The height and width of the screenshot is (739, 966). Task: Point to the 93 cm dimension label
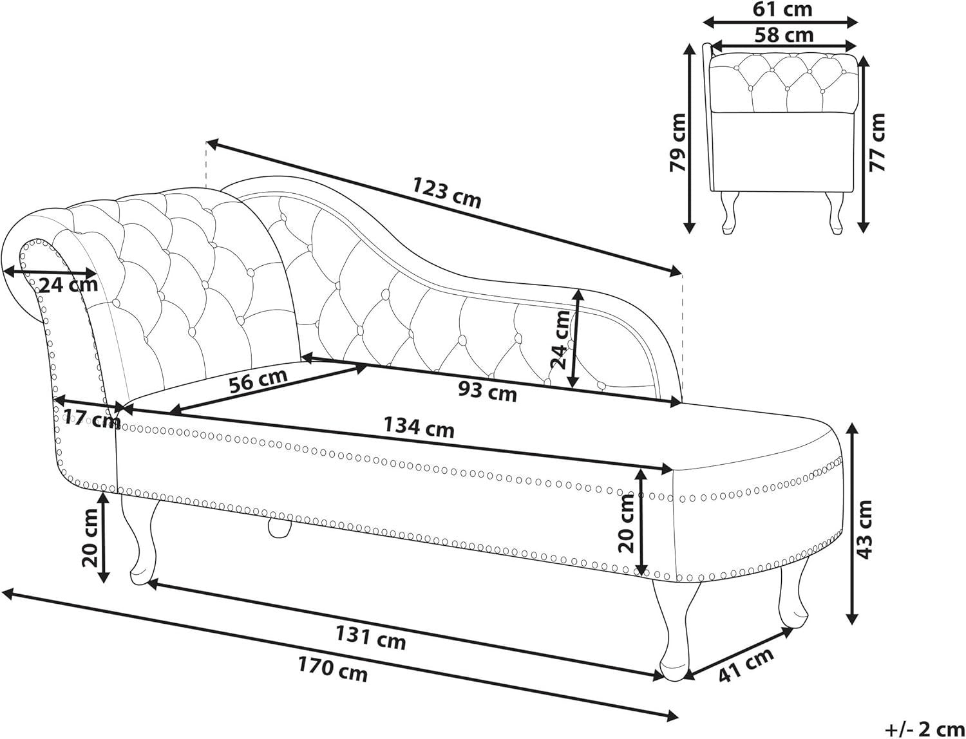(487, 391)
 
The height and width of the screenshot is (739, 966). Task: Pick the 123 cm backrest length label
(446, 192)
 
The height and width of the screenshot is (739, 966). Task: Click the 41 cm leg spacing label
(746, 665)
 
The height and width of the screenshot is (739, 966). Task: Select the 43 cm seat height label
(864, 529)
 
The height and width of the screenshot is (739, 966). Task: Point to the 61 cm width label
(782, 9)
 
